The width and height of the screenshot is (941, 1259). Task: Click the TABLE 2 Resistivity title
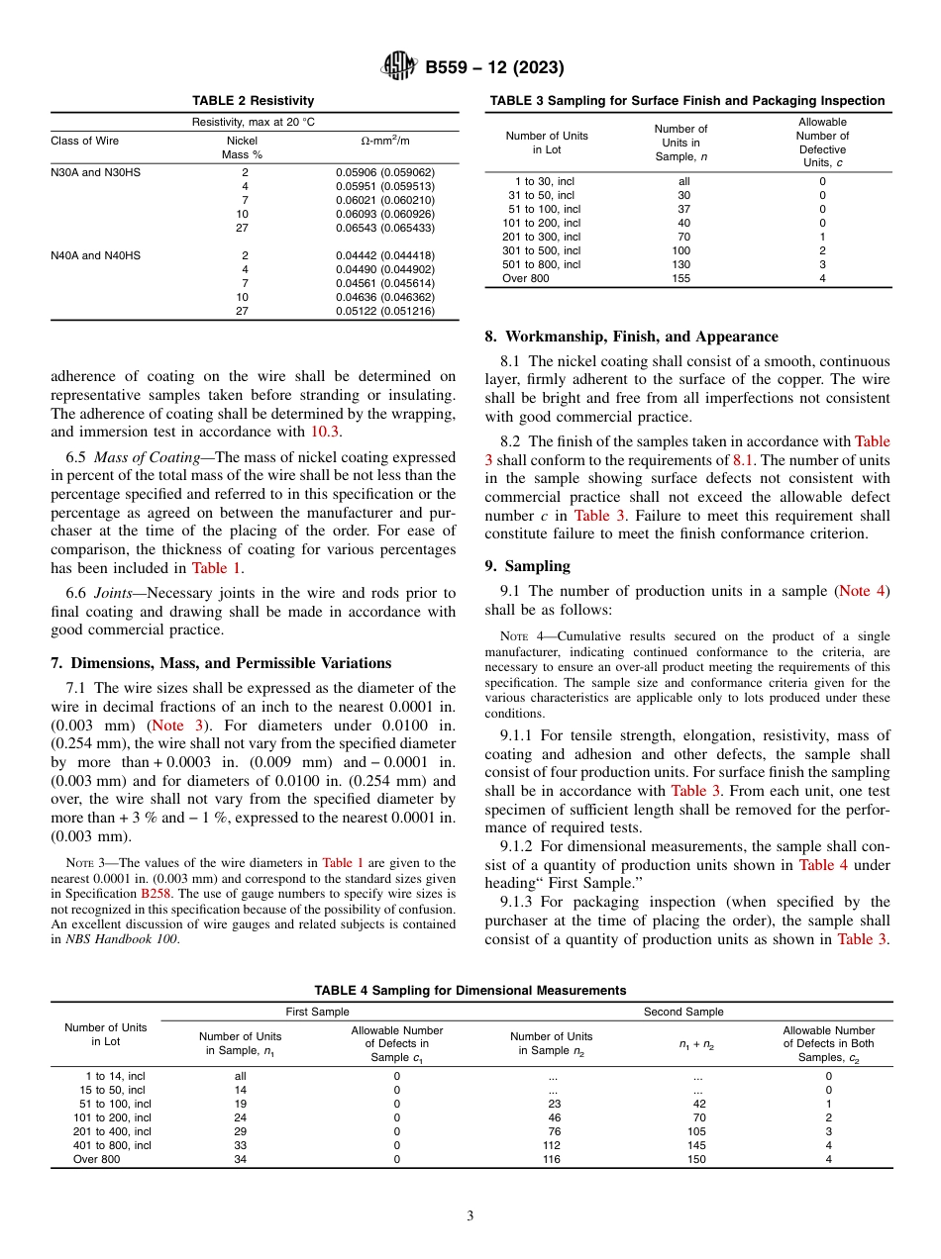[253, 101]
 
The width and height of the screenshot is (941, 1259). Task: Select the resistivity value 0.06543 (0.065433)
[385, 228]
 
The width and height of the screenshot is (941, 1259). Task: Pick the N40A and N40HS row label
[96, 255]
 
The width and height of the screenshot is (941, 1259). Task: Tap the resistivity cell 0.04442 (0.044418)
[385, 255]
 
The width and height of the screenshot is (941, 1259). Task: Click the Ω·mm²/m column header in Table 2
[385, 142]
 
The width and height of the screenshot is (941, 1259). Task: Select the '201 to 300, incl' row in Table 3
[542, 237]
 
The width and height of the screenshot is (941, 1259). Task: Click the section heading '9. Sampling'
[527, 566]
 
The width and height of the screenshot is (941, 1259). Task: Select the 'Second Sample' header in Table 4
[683, 1013]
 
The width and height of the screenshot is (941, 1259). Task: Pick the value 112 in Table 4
[552, 1146]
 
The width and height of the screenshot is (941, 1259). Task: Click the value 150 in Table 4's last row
[696, 1160]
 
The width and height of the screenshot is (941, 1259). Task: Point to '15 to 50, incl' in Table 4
[113, 1090]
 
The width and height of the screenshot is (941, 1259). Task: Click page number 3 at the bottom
[470, 1215]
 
